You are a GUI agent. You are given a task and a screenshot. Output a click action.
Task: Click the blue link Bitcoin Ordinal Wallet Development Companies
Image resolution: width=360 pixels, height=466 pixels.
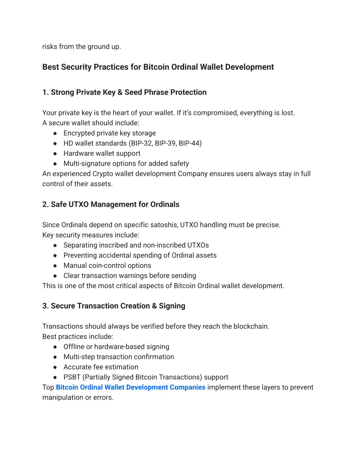[x=130, y=387]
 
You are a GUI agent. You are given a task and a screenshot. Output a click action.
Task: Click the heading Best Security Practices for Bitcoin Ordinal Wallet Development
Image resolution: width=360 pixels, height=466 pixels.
[x=158, y=67]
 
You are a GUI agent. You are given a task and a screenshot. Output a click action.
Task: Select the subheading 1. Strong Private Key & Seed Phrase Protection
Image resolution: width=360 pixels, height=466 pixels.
[x=124, y=92]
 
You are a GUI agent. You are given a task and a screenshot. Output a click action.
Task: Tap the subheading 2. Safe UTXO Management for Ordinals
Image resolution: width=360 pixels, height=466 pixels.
[x=111, y=205]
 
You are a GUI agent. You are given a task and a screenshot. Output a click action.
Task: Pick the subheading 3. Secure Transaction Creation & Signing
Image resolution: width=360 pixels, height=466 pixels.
[x=114, y=306]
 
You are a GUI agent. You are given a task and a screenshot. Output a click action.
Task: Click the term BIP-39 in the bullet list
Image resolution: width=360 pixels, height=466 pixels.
[x=165, y=143]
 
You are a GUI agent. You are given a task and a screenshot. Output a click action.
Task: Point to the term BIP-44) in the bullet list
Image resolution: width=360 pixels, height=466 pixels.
[x=190, y=143]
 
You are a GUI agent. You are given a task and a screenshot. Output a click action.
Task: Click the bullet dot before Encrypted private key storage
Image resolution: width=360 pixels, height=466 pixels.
[x=55, y=133]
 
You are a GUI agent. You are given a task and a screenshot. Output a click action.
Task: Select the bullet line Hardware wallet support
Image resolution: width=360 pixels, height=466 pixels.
[x=102, y=154]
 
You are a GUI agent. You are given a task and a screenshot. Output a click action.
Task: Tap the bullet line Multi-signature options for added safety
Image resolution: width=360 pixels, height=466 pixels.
[x=126, y=164]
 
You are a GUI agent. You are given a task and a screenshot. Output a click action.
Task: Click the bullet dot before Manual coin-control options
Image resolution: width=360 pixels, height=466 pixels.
[x=55, y=266]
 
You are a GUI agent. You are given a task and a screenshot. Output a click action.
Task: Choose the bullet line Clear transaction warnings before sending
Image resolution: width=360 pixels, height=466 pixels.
[x=130, y=276]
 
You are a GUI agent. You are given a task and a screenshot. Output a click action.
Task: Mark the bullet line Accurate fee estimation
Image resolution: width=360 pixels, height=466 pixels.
[x=101, y=367]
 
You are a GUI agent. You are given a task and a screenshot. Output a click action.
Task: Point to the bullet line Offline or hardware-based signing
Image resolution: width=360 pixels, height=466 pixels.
[x=116, y=347]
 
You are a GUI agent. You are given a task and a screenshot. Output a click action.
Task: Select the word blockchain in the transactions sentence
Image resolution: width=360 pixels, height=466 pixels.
[x=251, y=326]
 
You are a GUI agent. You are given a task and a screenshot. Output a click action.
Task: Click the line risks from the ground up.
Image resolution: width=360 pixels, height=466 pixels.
[x=82, y=47]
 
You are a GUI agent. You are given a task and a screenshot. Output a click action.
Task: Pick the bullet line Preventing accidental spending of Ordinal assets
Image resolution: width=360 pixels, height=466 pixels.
[x=140, y=256]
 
